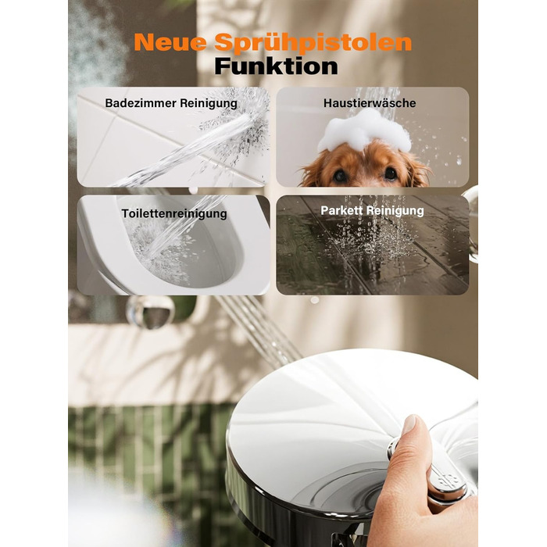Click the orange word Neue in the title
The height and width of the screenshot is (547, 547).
[170, 42]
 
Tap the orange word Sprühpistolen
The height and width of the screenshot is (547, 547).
[313, 43]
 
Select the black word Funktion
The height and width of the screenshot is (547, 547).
[276, 66]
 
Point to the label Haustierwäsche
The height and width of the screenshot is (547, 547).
[370, 103]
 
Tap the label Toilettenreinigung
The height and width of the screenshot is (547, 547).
[174, 213]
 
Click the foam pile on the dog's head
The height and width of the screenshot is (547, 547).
[364, 130]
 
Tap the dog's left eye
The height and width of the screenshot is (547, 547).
[339, 176]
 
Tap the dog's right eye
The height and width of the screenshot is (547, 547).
[390, 173]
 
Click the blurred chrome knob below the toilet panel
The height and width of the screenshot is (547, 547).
[150, 312]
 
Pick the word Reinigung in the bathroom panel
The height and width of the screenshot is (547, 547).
[209, 104]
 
